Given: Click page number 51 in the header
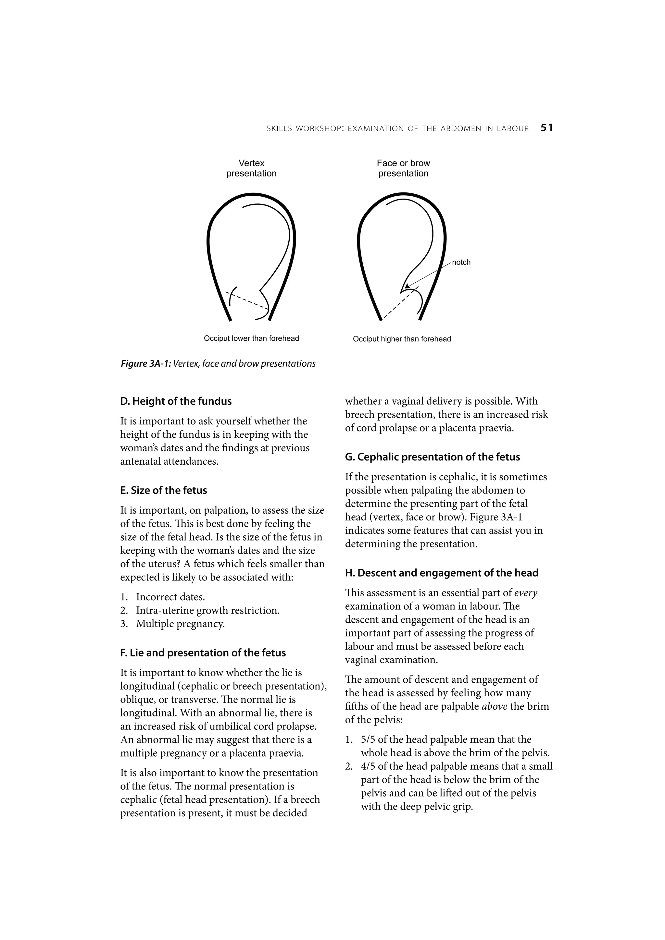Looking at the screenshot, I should tap(546, 128).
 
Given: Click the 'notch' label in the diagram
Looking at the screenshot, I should tap(461, 262).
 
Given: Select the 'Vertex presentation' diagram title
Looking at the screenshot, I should tap(251, 168).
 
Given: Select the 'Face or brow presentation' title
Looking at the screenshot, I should tap(403, 168).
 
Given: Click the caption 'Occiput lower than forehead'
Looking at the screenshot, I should tap(251, 338).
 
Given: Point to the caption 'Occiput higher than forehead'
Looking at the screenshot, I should tap(402, 339).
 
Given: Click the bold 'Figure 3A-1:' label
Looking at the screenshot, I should tap(146, 363).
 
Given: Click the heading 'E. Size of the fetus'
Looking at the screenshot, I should tap(163, 491).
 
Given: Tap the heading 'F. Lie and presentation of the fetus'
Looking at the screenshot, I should tap(203, 653).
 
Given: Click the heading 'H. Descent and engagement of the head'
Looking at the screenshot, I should tap(441, 573).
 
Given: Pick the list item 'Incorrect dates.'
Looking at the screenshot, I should tap(170, 597).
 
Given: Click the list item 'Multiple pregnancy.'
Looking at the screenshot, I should tap(180, 624).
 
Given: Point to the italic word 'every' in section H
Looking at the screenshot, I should tap(526, 593).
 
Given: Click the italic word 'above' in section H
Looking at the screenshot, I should tap(495, 706).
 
